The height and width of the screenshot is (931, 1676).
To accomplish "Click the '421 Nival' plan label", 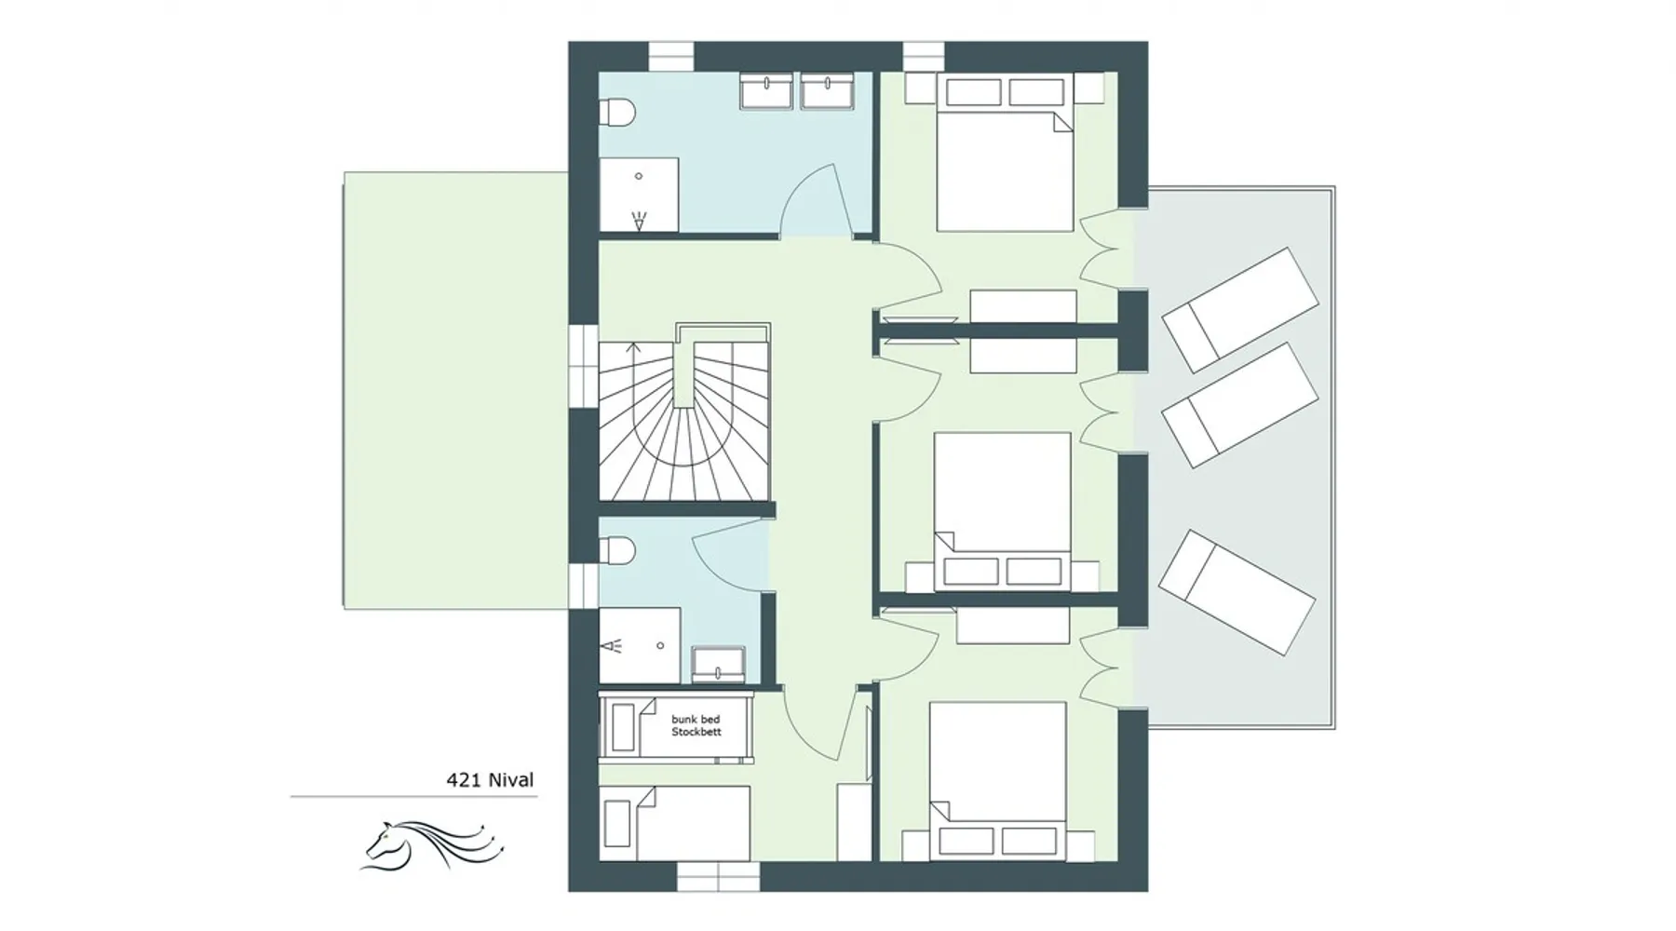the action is (x=490, y=779).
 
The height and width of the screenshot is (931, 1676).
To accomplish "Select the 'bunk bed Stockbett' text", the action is (x=696, y=725).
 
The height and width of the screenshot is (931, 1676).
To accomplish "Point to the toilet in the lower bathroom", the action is (x=616, y=552).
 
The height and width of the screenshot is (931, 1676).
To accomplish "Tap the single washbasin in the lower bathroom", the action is (x=719, y=663).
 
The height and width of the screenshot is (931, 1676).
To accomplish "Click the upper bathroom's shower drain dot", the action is (x=639, y=175).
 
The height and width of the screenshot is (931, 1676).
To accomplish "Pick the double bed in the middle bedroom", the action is (x=1002, y=511).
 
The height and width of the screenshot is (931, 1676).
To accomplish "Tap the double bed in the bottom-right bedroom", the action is (x=998, y=780).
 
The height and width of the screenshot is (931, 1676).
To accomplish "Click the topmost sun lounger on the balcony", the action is (x=1240, y=309).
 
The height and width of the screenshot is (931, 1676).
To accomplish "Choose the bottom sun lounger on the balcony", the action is (x=1237, y=592).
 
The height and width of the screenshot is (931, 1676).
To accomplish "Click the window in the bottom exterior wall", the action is (x=718, y=877).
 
